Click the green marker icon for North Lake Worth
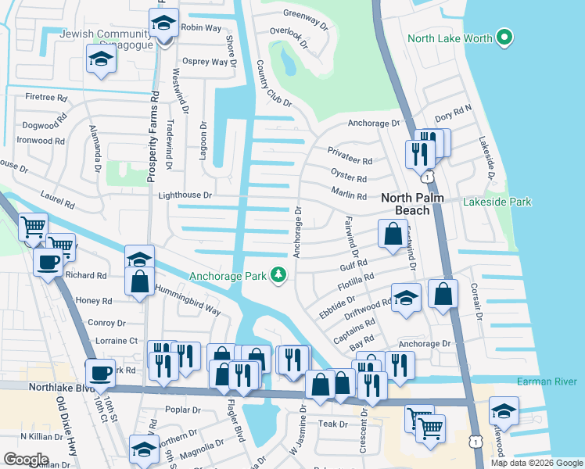pyautogui.click(x=504, y=38)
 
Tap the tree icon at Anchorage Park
pyautogui.click(x=278, y=274)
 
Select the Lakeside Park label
pyautogui.click(x=497, y=202)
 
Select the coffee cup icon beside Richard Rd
pyautogui.click(x=48, y=261)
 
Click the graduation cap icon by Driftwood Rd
pyautogui.click(x=406, y=298)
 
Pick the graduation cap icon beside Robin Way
pyautogui.click(x=163, y=23)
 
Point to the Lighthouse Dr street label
pyautogui.click(x=185, y=195)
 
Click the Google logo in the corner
pyautogui.click(x=27, y=459)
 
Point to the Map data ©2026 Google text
pyautogui.click(x=536, y=463)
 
